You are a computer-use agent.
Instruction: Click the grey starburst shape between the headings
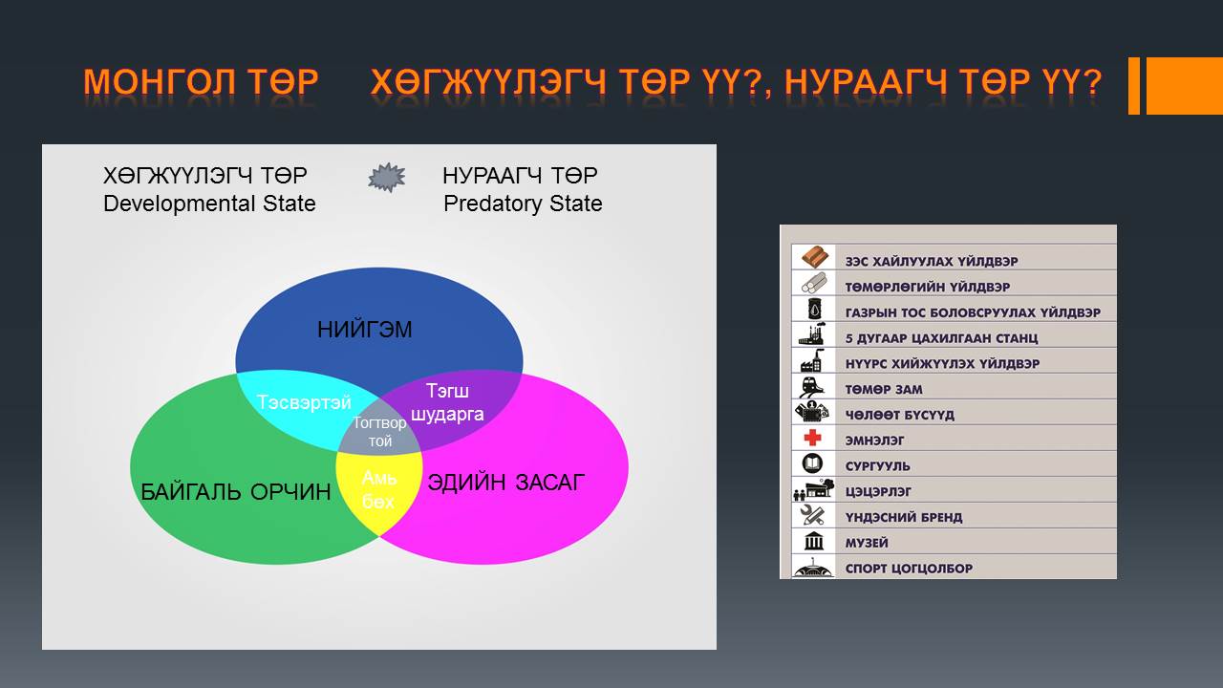pos(387,178)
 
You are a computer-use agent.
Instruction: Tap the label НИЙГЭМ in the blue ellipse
pos(365,330)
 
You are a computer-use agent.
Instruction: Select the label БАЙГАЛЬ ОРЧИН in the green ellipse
pos(236,492)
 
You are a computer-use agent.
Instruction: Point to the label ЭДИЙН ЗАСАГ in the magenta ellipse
pos(506,483)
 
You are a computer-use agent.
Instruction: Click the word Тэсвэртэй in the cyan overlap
pos(304,402)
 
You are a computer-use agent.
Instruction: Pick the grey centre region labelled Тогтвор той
pos(379,431)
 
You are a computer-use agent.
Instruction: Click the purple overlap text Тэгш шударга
pos(447,402)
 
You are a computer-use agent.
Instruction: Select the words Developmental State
pos(209,204)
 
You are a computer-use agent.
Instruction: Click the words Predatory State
pos(523,204)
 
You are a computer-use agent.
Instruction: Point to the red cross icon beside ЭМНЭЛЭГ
pos(812,438)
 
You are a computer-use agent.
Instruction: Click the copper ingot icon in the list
pos(815,257)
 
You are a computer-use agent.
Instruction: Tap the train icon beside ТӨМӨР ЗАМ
pos(811,387)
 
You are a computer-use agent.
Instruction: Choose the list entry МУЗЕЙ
pos(867,544)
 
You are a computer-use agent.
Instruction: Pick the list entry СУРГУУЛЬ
pos(877,466)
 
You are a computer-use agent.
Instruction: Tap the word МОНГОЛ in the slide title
pos(160,82)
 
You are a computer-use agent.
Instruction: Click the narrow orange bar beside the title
pos(1134,86)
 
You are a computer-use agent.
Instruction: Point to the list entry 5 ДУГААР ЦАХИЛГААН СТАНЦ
pos(941,338)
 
